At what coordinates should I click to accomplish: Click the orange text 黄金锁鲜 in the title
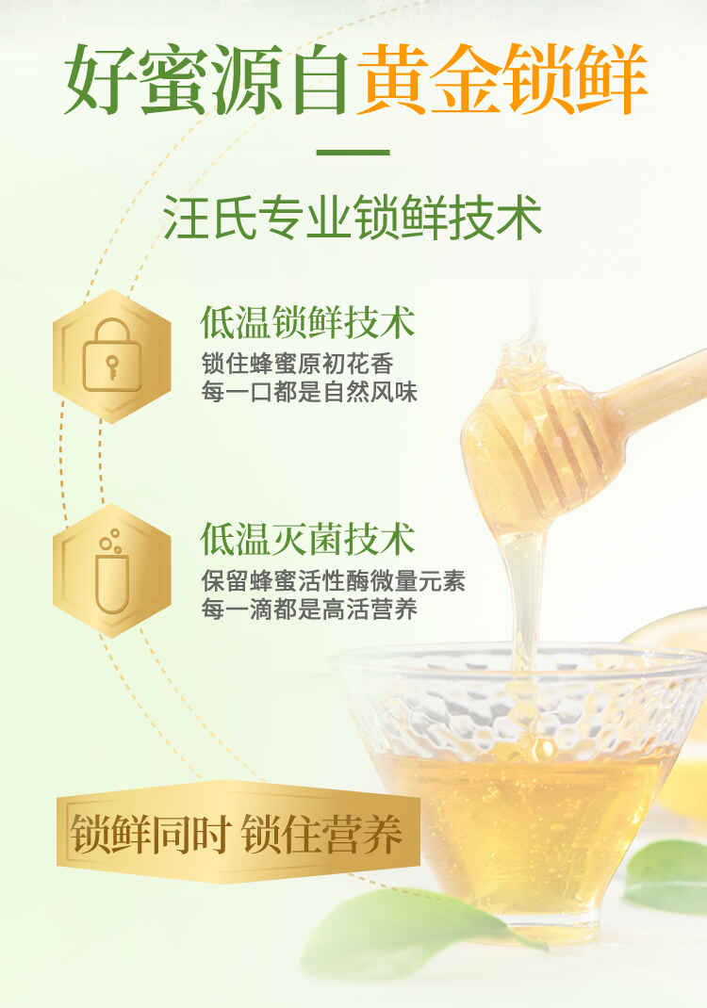(501, 79)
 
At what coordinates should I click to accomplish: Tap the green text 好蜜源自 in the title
(207, 79)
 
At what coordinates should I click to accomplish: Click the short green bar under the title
(353, 153)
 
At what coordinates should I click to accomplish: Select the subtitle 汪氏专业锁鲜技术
(353, 218)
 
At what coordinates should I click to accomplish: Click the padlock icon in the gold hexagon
(112, 355)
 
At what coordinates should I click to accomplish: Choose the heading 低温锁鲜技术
(307, 322)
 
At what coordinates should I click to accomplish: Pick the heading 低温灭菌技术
(307, 539)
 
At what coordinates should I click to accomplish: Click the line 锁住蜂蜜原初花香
(297, 364)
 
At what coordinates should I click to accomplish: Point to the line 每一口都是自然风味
(309, 392)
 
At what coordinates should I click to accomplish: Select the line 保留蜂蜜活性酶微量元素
(334, 580)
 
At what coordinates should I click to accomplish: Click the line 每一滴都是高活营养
(309, 609)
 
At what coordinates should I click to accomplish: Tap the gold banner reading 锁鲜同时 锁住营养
(238, 833)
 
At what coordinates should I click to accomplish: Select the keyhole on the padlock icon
(112, 367)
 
